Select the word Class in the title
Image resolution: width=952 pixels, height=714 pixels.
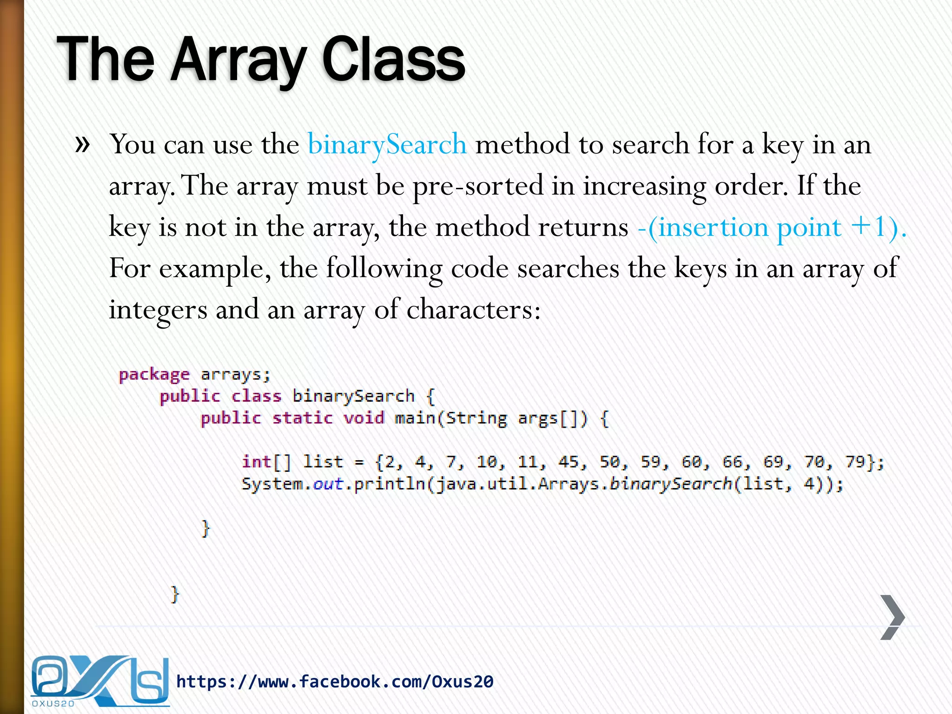(x=393, y=60)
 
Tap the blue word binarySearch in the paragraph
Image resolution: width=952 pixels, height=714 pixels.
(x=387, y=144)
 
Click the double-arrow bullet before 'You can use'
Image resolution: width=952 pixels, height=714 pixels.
(x=82, y=144)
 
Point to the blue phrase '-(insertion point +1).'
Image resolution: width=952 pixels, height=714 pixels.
(x=772, y=227)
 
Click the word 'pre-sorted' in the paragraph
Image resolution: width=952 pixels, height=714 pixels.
(x=478, y=186)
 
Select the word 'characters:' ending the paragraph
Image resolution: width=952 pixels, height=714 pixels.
(x=474, y=310)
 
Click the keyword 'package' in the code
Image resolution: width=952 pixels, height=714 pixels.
(x=154, y=375)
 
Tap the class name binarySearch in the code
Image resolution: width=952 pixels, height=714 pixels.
(x=353, y=396)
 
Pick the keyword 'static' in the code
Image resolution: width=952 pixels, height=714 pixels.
(x=302, y=418)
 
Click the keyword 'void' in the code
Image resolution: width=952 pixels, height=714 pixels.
(x=364, y=418)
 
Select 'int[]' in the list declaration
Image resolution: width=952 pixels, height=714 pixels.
(x=266, y=462)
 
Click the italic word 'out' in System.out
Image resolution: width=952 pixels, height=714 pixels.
(x=328, y=484)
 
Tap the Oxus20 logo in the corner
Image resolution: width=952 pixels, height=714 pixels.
(x=99, y=681)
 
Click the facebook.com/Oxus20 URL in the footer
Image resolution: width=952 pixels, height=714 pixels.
(x=335, y=682)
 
